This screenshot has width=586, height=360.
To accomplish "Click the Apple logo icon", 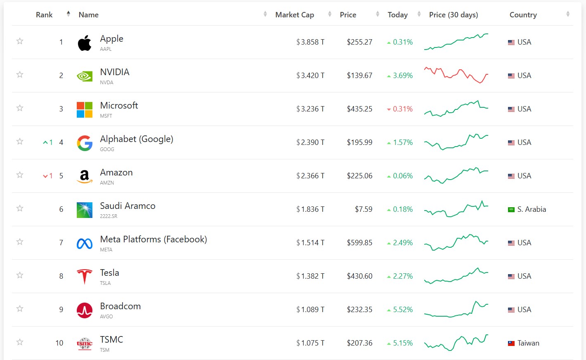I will [x=85, y=43].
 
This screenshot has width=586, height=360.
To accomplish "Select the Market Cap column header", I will [x=294, y=15].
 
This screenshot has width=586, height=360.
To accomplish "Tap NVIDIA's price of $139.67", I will [x=359, y=76].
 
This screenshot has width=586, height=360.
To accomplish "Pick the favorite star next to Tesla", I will [x=20, y=275].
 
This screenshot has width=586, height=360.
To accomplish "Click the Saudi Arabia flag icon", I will [x=511, y=210].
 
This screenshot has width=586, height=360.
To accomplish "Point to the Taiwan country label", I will [x=528, y=343].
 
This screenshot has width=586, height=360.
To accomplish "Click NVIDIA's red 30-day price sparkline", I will [x=456, y=75].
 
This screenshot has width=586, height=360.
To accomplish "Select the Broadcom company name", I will [x=121, y=306].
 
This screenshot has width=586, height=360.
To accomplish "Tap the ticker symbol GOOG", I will [x=107, y=149].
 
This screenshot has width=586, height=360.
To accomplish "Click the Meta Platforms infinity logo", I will [x=85, y=244].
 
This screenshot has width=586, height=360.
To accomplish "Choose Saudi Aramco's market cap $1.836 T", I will [x=310, y=209].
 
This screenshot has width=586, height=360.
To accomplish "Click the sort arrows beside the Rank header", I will [x=69, y=14].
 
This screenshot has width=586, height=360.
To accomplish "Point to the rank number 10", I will [x=59, y=343].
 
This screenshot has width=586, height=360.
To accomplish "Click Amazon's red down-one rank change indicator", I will [x=48, y=176].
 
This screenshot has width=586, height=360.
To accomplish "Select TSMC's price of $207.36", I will [x=359, y=343].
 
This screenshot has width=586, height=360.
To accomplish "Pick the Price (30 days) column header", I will [x=454, y=15].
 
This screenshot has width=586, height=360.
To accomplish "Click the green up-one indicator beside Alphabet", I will [x=48, y=142].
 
